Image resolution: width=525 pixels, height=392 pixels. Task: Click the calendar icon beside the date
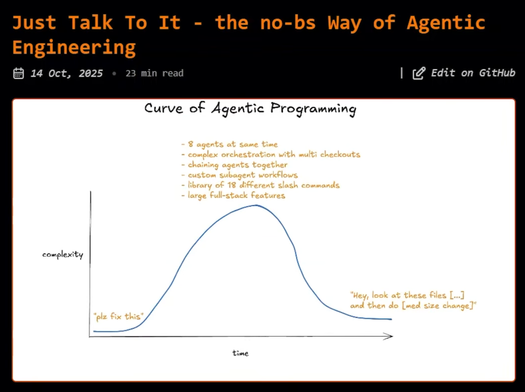click(18, 73)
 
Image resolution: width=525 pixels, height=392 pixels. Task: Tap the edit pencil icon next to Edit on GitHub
click(419, 73)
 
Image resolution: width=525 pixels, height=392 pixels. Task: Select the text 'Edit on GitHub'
click(473, 73)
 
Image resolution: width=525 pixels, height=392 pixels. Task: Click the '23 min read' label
click(154, 73)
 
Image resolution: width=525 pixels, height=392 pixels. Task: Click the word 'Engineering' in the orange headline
click(74, 48)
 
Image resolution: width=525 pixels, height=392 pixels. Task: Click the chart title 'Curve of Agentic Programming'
click(250, 109)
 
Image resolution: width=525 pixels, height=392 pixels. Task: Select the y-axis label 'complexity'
click(63, 255)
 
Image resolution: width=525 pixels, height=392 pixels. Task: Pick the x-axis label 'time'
click(241, 353)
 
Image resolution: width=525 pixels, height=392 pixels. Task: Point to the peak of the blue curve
click(256, 205)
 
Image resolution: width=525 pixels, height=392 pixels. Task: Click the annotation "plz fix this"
click(118, 317)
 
